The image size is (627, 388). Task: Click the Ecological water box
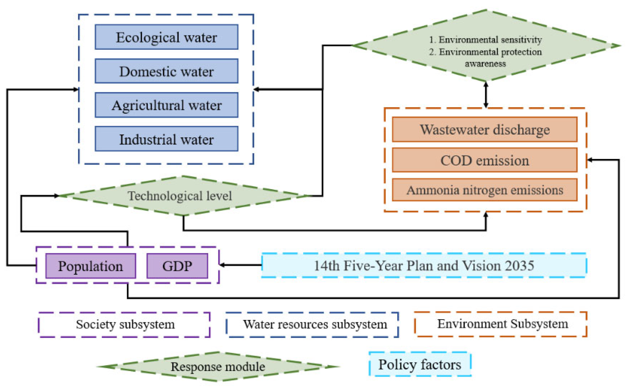click(x=166, y=37)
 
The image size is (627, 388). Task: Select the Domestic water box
click(x=166, y=71)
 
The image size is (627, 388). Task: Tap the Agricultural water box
click(x=166, y=105)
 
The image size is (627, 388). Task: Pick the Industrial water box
click(x=166, y=139)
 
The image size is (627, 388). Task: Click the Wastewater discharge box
click(x=484, y=130)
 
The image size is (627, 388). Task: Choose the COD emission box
click(x=484, y=160)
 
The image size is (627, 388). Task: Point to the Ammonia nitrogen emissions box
click(x=484, y=190)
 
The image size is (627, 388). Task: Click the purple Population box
click(x=91, y=266)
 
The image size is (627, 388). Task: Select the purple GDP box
click(x=177, y=266)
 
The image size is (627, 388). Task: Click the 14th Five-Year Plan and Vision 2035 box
click(x=424, y=265)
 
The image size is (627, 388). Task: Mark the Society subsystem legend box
click(x=124, y=324)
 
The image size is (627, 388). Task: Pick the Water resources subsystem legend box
click(x=312, y=324)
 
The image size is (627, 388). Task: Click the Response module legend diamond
click(x=218, y=366)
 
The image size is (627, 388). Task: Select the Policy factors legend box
click(x=420, y=364)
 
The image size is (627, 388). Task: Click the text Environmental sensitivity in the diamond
click(x=490, y=40)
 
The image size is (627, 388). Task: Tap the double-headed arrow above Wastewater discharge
click(x=486, y=95)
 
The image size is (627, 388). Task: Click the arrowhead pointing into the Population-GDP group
click(x=222, y=265)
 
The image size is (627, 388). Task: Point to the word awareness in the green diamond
click(x=485, y=63)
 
